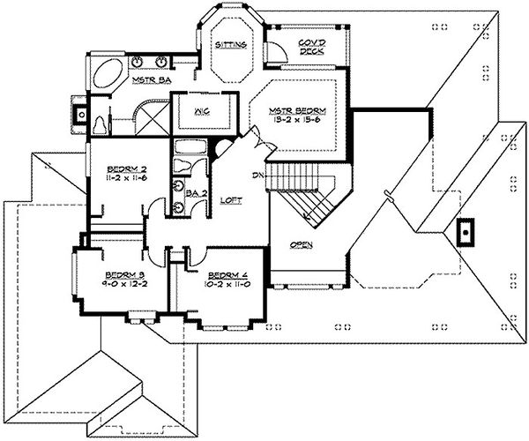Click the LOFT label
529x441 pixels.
click(231, 201)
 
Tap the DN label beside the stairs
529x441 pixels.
click(259, 174)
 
